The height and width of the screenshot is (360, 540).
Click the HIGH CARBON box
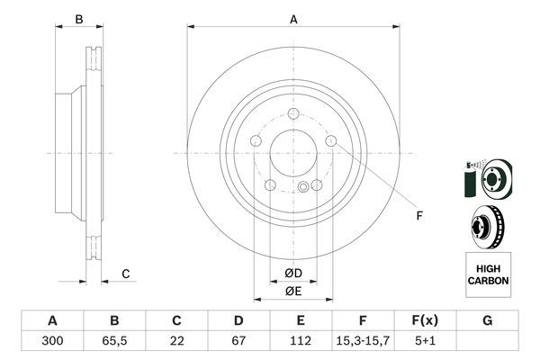(488, 274)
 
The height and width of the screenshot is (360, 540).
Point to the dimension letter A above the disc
(293, 19)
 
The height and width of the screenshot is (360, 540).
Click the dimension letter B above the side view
(79, 19)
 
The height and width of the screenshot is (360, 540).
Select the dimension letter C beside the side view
(126, 274)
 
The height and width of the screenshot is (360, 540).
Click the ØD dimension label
(292, 273)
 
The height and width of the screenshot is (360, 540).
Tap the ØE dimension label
(292, 291)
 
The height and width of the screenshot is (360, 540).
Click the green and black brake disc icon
(486, 177)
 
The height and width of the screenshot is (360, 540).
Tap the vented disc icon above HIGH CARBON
(487, 226)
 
